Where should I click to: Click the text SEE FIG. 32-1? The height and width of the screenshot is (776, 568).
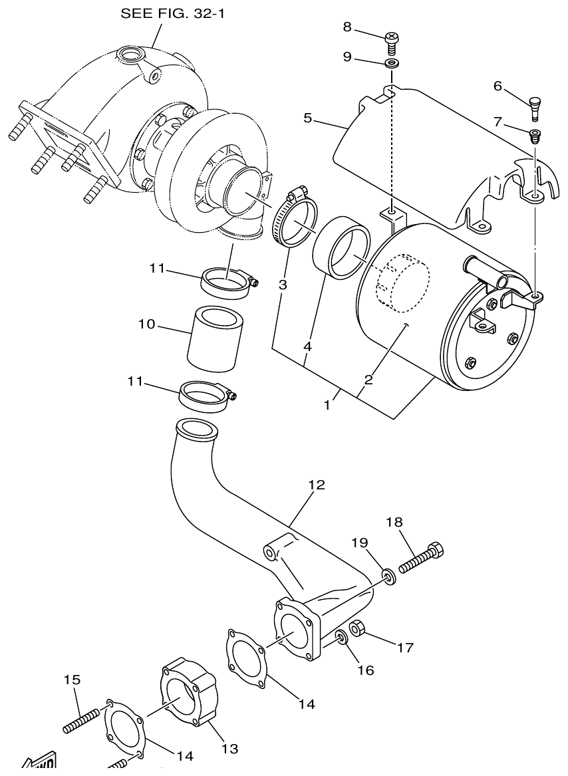172,13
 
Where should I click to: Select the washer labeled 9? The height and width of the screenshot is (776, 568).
391,64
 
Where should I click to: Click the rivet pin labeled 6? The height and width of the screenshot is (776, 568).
535,107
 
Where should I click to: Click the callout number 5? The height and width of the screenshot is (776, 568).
307,118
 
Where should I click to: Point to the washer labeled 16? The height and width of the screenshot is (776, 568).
341,638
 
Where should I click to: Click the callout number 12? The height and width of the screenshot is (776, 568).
317,485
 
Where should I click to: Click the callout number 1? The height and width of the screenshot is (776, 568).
327,404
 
